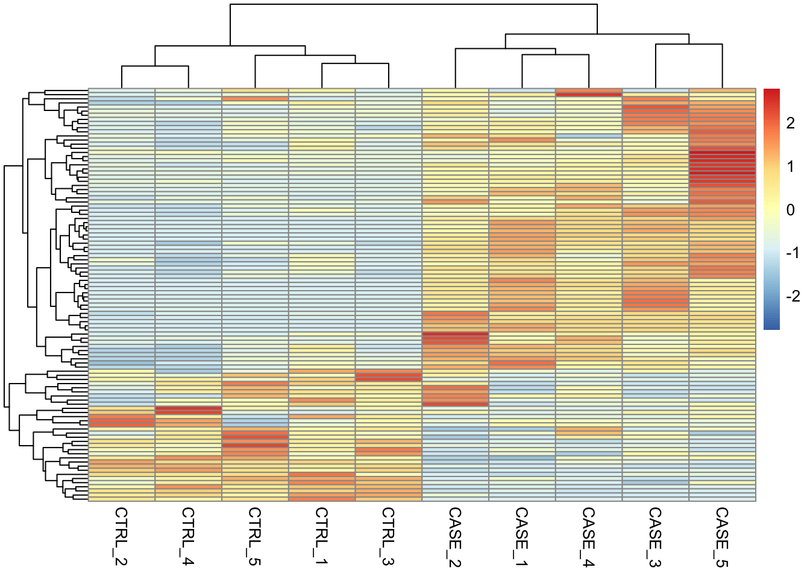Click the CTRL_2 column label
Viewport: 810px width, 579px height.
point(121,536)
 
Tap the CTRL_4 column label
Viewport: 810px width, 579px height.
point(188,536)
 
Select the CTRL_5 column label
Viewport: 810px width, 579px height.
point(255,536)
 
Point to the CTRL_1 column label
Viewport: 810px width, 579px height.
point(322,536)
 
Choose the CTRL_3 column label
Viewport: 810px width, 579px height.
point(389,536)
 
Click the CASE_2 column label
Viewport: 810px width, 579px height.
point(455,537)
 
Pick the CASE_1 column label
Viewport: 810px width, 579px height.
point(522,537)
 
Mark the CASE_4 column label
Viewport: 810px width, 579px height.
point(589,537)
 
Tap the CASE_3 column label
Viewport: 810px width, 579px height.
point(656,537)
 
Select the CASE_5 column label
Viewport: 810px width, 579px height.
point(722,537)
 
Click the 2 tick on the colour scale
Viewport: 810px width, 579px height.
point(790,123)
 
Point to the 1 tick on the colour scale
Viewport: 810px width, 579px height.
point(790,166)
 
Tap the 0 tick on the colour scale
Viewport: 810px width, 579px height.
point(790,210)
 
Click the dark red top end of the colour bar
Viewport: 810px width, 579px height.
point(771,92)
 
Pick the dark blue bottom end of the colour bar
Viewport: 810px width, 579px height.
point(771,326)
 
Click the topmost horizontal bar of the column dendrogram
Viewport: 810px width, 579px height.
point(413,4)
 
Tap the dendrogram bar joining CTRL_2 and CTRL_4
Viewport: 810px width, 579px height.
point(155,66)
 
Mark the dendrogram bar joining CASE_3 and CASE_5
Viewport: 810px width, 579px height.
point(689,44)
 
